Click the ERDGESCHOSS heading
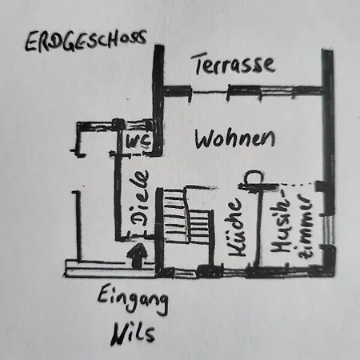pos(86,42)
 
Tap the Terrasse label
pos(234,64)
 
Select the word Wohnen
pos(234,138)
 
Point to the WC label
pos(138,142)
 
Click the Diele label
pos(138,198)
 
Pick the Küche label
pos(236,227)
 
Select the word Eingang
pos(133,301)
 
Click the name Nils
pos(133,334)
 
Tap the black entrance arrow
pos(138,255)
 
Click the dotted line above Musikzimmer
pos(297,183)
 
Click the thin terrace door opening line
pos(210,92)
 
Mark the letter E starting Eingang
pos(104,294)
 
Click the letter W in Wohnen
pos(205,139)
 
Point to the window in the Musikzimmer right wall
pos(328,230)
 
